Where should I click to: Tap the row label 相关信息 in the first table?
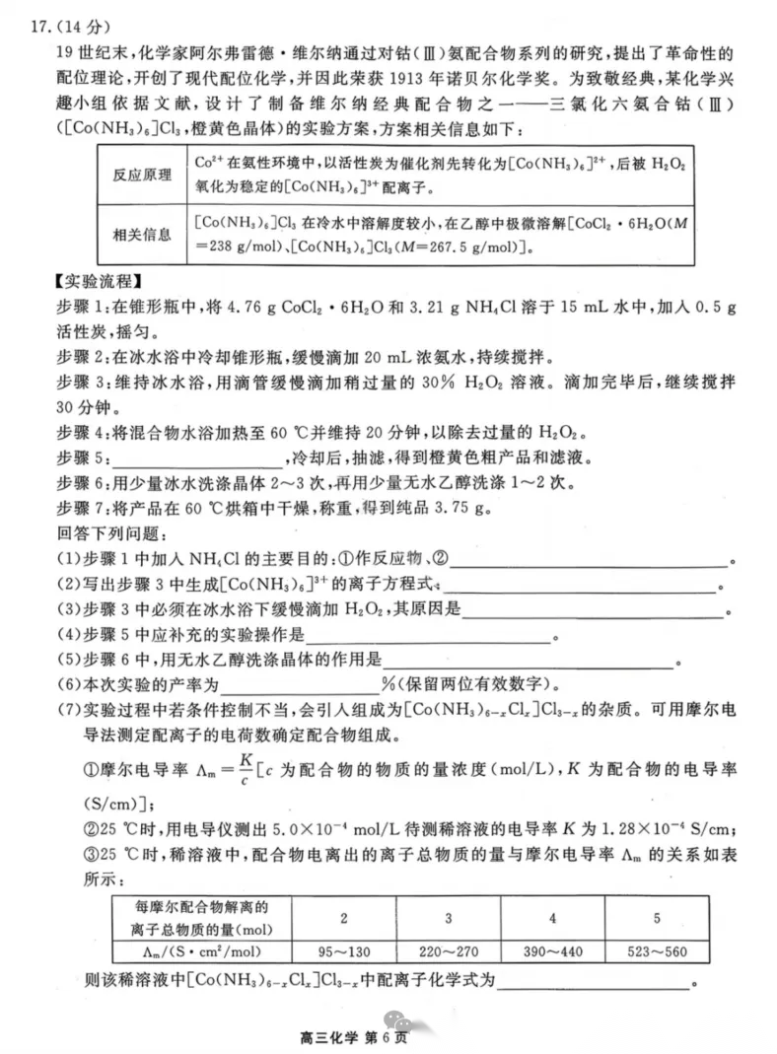click(143, 234)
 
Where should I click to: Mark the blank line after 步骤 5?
click(197, 458)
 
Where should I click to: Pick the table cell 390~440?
click(552, 952)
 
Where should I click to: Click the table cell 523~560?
click(657, 952)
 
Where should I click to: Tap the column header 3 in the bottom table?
click(448, 919)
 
